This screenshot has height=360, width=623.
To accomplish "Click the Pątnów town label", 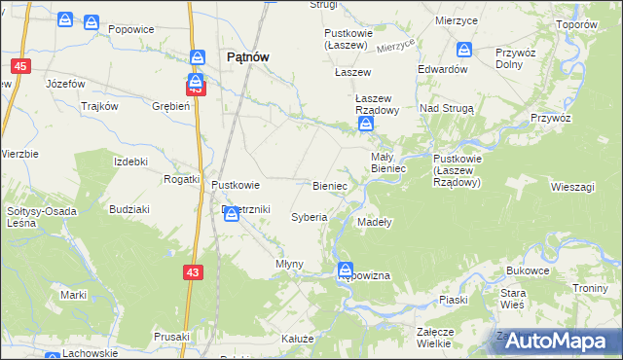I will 247,57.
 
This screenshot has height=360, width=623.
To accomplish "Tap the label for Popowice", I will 131,29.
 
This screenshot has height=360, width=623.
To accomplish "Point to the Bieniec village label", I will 330,184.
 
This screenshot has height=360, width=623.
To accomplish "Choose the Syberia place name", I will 310,217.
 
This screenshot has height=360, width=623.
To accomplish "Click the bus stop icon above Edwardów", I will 464,50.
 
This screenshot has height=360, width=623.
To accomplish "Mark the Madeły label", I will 374,222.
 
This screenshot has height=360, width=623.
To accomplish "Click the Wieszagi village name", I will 571,185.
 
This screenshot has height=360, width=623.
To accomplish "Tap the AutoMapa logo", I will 559,341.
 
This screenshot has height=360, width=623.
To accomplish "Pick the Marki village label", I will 74,294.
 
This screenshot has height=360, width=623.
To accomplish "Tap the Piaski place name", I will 455,300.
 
